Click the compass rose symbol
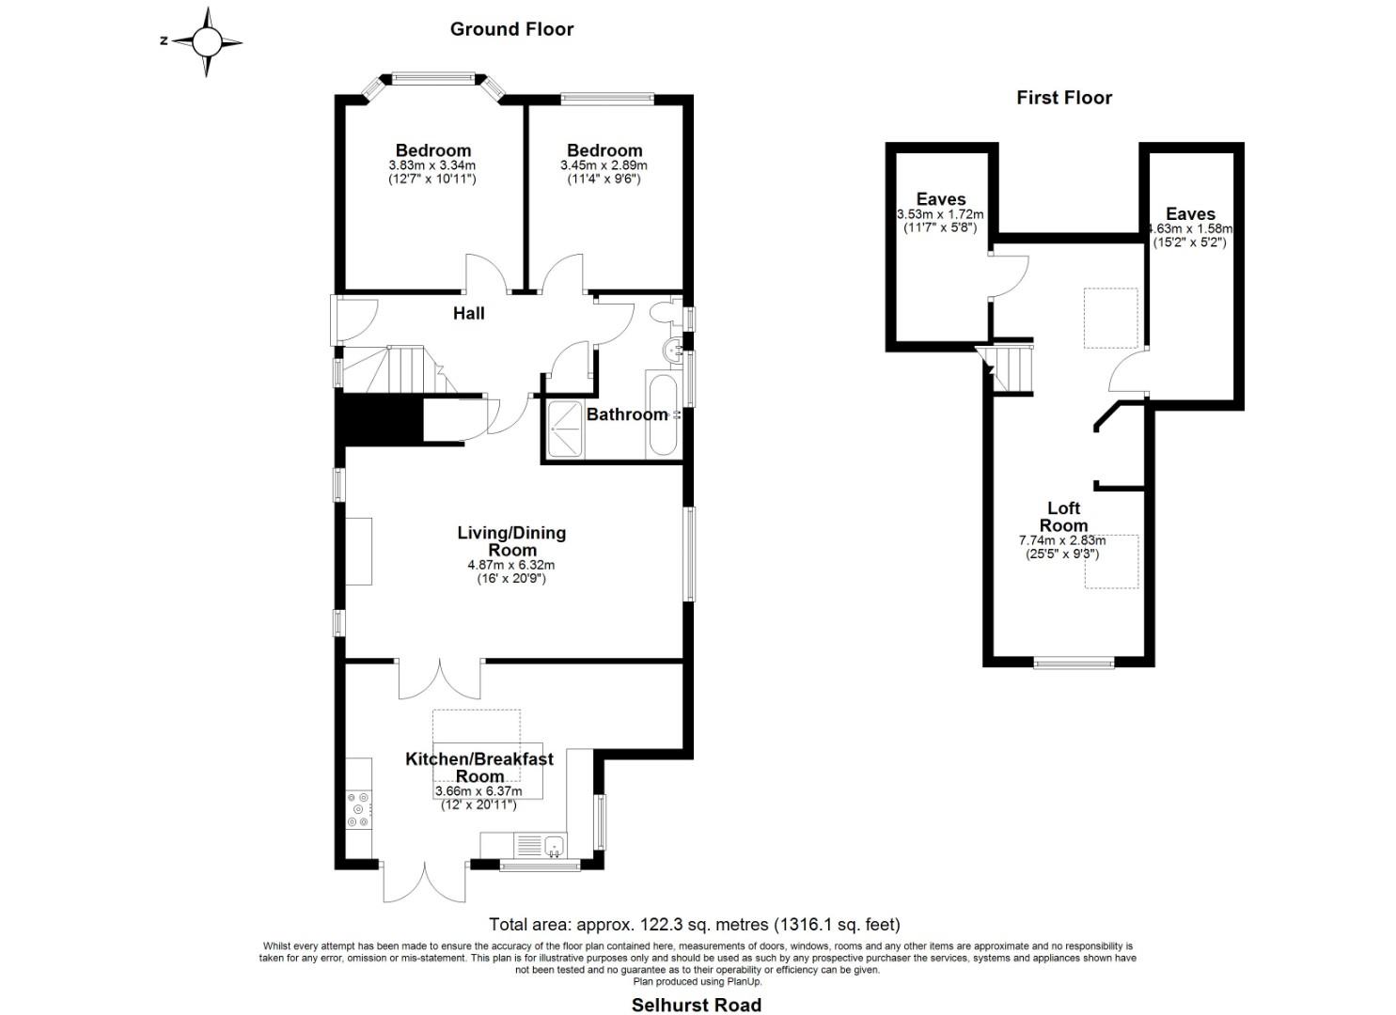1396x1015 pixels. coord(206,42)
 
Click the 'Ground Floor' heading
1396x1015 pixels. coord(511,29)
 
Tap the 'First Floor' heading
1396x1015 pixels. coord(1064,98)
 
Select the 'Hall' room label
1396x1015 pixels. coord(469,313)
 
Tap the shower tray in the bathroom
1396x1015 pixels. coord(566,429)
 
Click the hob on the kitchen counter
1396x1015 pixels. coord(359,809)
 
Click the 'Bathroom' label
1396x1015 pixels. coord(626,414)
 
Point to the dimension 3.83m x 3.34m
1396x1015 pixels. coord(432,165)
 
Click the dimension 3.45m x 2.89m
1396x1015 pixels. coord(604,165)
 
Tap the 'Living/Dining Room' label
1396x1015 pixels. coord(511,541)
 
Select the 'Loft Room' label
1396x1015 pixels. coord(1064,517)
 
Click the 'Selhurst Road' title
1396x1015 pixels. coord(697,1005)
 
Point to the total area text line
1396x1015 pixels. coord(695,924)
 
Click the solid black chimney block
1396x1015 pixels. coord(380,422)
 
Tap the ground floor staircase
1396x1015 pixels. coord(399,369)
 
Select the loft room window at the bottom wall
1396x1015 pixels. coord(1074,664)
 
